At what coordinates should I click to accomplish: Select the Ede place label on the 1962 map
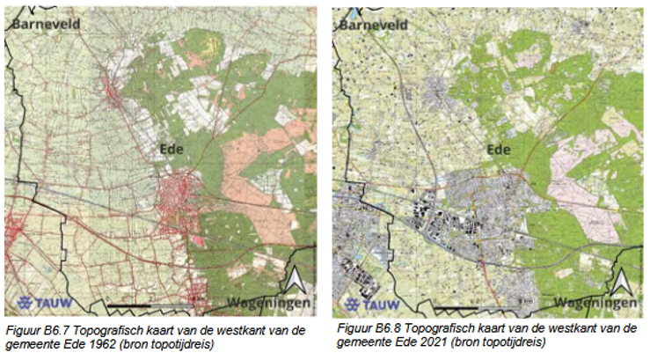[173, 148]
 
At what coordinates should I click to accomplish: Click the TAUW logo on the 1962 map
[38, 299]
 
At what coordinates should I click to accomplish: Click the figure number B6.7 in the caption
[54, 330]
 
